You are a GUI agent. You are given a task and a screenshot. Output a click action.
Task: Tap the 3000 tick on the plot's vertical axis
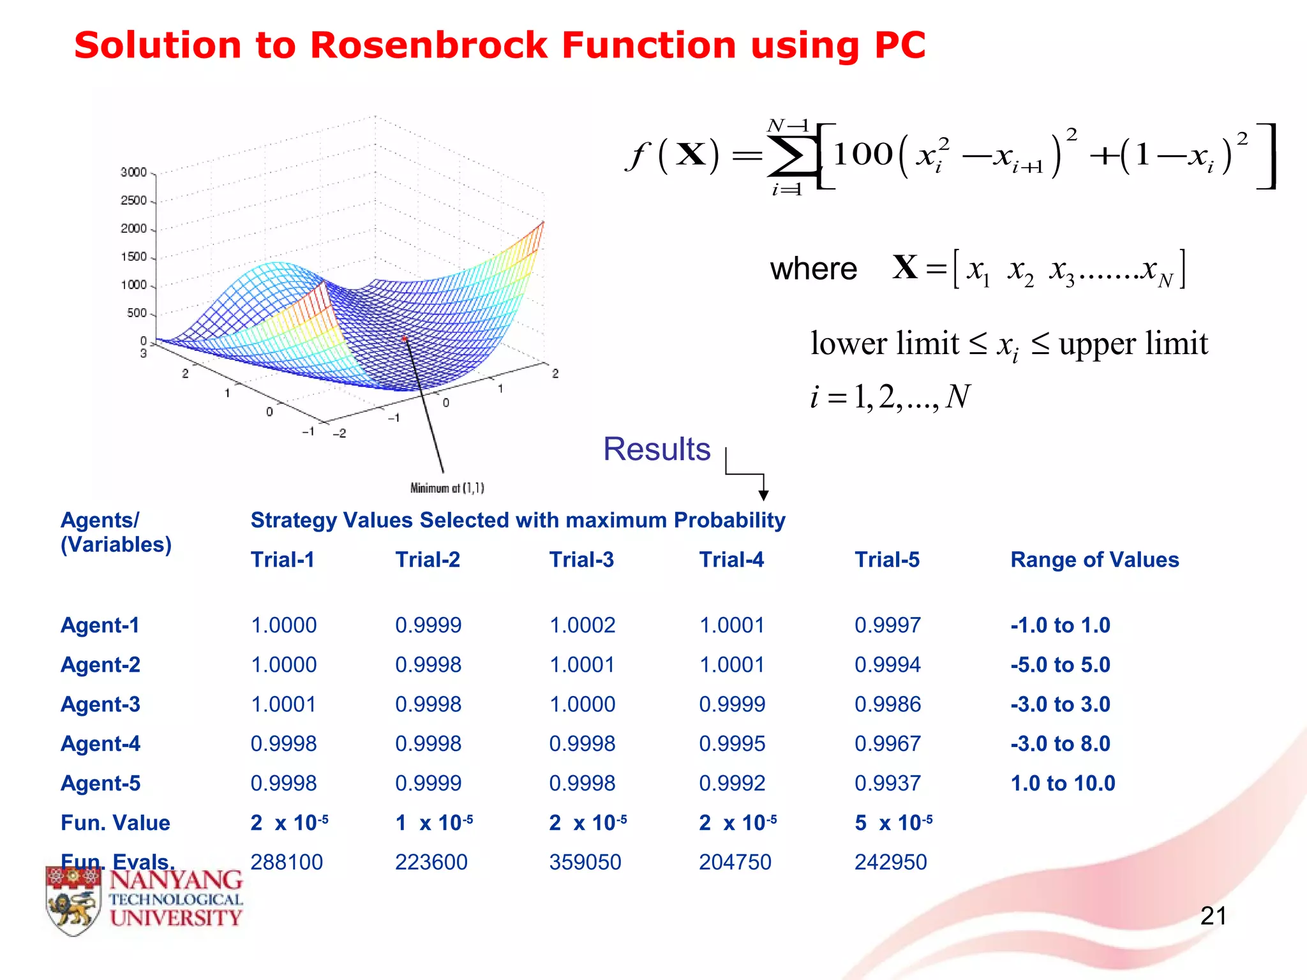pos(133,172)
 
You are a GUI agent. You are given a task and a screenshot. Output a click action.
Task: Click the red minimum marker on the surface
pos(404,338)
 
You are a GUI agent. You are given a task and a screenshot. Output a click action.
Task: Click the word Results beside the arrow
pos(657,449)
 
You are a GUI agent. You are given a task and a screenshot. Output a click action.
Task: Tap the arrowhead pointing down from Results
pos(763,495)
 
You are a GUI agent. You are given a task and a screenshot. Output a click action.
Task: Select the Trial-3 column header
pos(581,560)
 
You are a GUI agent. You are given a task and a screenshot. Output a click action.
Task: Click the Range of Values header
pos(1094,560)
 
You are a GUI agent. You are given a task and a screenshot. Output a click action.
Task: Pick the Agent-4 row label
pos(100,744)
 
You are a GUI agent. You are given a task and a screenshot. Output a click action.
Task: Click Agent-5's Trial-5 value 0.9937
pos(887,783)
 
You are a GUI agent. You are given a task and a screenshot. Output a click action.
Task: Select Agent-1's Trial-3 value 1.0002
pos(582,625)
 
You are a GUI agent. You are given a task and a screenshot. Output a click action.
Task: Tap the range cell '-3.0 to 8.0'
pos(1060,744)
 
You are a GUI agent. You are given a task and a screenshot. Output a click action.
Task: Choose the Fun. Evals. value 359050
pos(585,863)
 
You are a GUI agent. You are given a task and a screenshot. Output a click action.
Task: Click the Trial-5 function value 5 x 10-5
pos(893,823)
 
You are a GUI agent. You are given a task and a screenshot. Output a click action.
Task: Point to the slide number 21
pos(1213,916)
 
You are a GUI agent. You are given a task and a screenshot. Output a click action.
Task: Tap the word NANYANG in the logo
pos(176,881)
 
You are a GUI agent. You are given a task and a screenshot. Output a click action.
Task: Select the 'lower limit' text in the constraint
pos(885,344)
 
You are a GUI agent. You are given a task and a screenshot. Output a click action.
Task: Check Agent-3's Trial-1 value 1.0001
pos(283,704)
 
